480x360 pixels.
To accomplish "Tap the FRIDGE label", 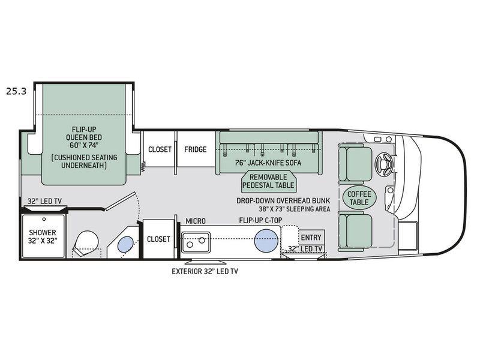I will [x=195, y=149].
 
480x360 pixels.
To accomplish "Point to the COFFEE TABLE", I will [x=359, y=198].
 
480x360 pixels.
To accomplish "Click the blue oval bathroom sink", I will [x=125, y=244].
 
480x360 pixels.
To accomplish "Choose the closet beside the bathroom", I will [x=158, y=239].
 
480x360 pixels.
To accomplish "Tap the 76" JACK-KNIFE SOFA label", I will [x=268, y=162].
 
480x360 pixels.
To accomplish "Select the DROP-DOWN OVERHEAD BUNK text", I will [x=279, y=202].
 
